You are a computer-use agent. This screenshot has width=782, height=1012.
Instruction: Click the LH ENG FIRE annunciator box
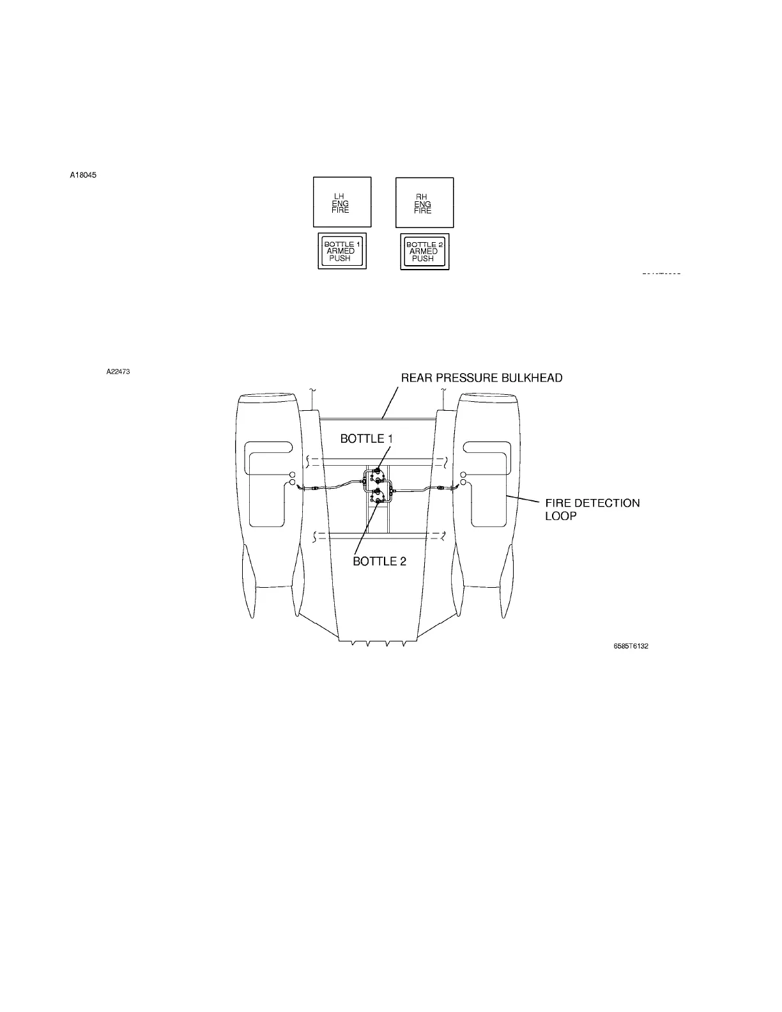[342, 202]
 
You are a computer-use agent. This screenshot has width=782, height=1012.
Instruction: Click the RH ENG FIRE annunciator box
[424, 202]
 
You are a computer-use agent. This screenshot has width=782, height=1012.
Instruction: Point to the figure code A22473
[118, 371]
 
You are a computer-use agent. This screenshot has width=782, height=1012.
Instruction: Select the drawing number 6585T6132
[631, 646]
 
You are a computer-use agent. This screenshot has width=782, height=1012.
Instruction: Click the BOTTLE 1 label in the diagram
[366, 439]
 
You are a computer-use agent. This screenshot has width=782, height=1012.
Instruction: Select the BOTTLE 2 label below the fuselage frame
[379, 562]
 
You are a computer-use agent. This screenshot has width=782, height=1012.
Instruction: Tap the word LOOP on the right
[560, 516]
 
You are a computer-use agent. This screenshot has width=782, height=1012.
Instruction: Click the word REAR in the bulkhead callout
[415, 378]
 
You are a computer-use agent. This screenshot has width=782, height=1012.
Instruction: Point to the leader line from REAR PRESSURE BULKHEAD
[389, 402]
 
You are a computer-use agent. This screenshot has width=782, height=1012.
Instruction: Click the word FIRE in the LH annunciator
[341, 210]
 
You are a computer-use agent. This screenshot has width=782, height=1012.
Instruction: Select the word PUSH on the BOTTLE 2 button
[423, 259]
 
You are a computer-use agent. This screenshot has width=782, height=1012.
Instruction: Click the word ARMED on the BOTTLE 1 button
[341, 252]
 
